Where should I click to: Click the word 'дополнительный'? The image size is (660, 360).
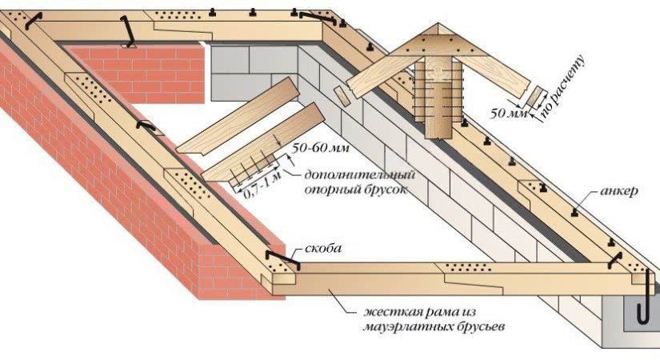pyautogui.click(x=347, y=174)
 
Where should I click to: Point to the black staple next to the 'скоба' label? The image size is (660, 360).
pyautogui.click(x=282, y=258)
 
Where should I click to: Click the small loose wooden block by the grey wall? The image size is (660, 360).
pyautogui.click(x=343, y=95)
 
